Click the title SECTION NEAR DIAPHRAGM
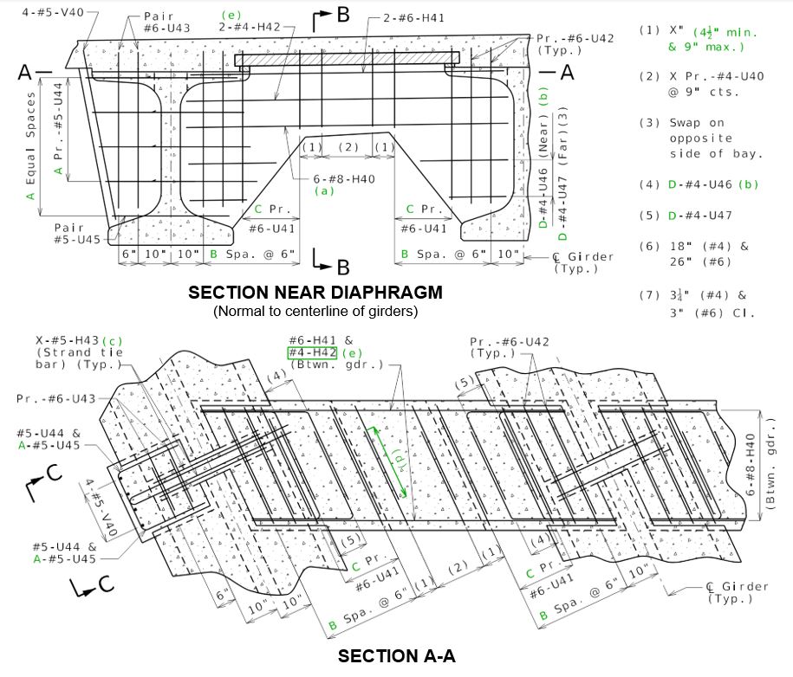(x=315, y=293)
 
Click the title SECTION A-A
(x=397, y=655)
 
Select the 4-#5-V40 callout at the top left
(x=53, y=12)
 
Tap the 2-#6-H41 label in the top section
(x=413, y=18)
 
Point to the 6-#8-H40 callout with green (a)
(x=344, y=184)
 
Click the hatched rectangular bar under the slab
(x=347, y=59)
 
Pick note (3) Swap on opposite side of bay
(x=700, y=138)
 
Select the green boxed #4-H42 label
(x=312, y=352)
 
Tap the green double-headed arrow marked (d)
(x=388, y=462)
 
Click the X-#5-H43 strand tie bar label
(x=79, y=352)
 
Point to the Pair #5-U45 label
(x=77, y=234)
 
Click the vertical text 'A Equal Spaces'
(x=30, y=145)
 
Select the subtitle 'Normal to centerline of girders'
(x=315, y=311)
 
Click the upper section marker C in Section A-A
(x=44, y=481)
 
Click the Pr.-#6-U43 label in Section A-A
(x=55, y=398)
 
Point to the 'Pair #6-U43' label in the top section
(x=167, y=23)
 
